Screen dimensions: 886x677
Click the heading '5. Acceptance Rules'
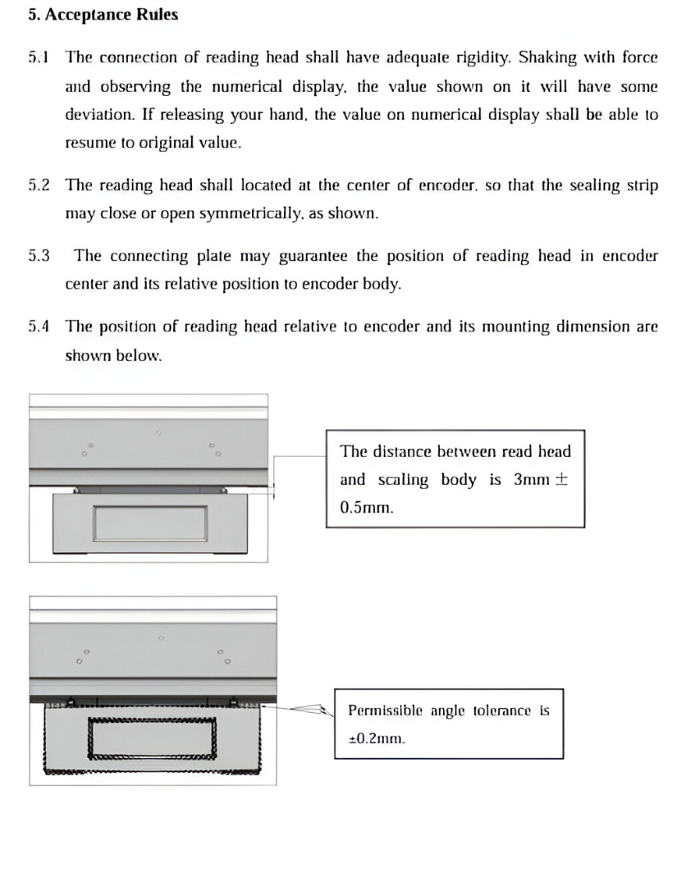(x=103, y=16)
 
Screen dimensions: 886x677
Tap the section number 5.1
(x=39, y=57)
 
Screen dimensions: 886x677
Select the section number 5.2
(x=39, y=185)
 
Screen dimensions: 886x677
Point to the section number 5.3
(x=39, y=256)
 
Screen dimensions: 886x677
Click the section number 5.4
(x=39, y=327)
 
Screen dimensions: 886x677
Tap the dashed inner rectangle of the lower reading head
(x=153, y=738)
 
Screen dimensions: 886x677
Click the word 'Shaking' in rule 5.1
(x=547, y=57)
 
